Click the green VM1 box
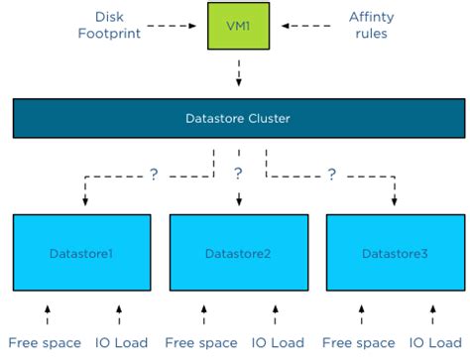pyautogui.click(x=239, y=27)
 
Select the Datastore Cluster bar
pyautogui.click(x=237, y=118)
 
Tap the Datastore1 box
pyautogui.click(x=81, y=253)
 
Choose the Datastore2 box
pyautogui.click(x=238, y=253)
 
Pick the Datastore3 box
pyautogui.click(x=395, y=253)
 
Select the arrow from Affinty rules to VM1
pyautogui.click(x=294, y=27)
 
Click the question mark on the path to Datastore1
pyautogui.click(x=154, y=175)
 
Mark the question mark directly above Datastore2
pyautogui.click(x=238, y=175)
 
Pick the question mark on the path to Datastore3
pyautogui.click(x=330, y=175)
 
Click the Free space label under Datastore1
pyautogui.click(x=40, y=343)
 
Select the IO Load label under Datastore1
pyautogui.click(x=122, y=343)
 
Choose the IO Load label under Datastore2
pyautogui.click(x=279, y=343)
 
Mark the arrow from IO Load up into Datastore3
pyautogui.click(x=433, y=316)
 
